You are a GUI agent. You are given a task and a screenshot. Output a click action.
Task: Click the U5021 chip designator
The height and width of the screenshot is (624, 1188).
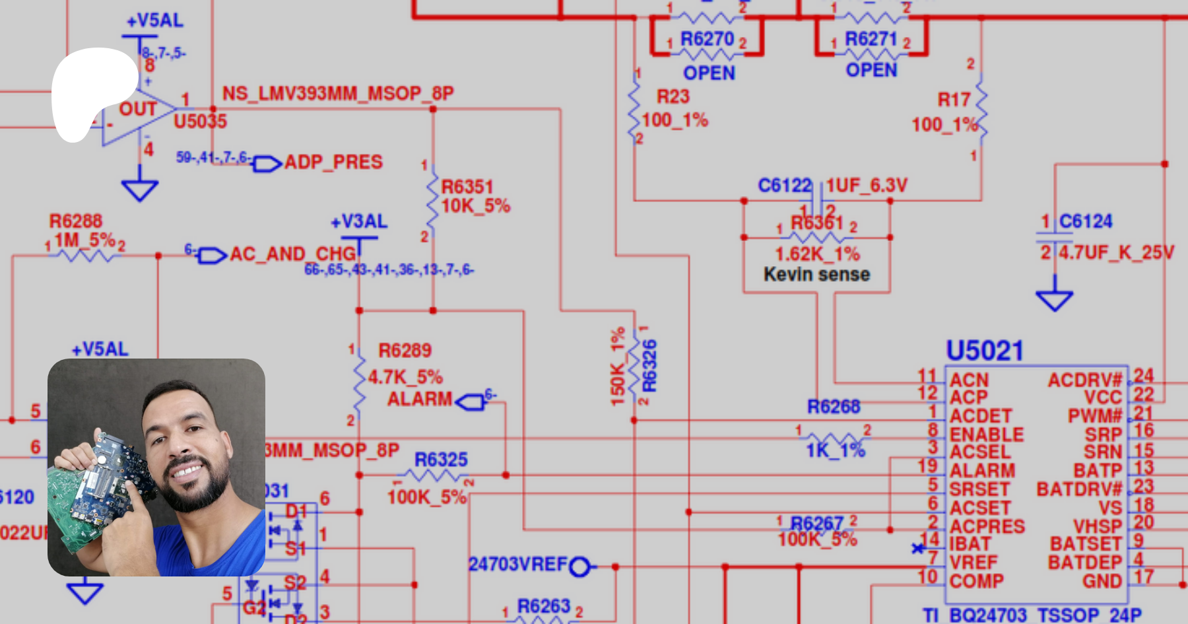pyautogui.click(x=984, y=351)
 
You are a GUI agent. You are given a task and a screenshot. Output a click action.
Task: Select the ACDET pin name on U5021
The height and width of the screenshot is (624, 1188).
pyautogui.click(x=980, y=416)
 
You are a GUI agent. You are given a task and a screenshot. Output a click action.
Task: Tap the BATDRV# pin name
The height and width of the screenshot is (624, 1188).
pyautogui.click(x=1079, y=489)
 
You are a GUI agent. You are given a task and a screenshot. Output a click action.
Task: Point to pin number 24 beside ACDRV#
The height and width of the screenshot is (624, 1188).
pyautogui.click(x=1144, y=376)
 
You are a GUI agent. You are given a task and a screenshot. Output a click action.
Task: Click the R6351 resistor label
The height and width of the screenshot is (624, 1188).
pyautogui.click(x=467, y=187)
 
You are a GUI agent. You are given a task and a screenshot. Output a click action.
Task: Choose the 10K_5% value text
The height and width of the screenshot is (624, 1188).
pyautogui.click(x=475, y=206)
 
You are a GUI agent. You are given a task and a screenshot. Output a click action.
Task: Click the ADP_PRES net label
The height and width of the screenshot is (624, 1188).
pyautogui.click(x=333, y=162)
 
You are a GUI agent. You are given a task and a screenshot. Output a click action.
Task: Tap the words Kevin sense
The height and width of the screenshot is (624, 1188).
pyautogui.click(x=816, y=274)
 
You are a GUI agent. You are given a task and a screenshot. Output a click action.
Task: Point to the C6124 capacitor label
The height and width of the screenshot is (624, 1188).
pyautogui.click(x=1086, y=221)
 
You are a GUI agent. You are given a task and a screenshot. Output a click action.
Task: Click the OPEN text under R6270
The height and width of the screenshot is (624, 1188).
pyautogui.click(x=709, y=73)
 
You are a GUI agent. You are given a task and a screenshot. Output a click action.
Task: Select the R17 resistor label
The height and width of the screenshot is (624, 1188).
pyautogui.click(x=954, y=100)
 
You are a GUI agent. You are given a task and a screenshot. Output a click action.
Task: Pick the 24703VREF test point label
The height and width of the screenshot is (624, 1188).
pyautogui.click(x=517, y=565)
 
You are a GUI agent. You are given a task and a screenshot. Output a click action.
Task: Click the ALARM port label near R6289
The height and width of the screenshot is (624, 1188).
pyautogui.click(x=420, y=399)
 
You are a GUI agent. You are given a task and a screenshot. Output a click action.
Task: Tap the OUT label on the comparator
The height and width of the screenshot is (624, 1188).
pyautogui.click(x=138, y=109)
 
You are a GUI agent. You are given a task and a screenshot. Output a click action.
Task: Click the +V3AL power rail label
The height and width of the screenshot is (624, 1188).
pyautogui.click(x=359, y=222)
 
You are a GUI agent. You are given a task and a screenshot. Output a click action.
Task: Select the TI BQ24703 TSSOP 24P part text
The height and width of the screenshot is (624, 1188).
pyautogui.click(x=1032, y=615)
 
